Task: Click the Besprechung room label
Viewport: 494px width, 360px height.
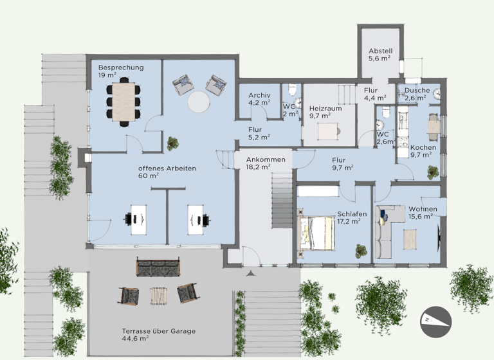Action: tap(121, 67)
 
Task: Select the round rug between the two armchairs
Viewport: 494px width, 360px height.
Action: tap(198, 102)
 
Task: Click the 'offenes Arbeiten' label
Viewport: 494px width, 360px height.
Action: tap(167, 168)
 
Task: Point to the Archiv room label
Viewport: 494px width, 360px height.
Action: tap(259, 95)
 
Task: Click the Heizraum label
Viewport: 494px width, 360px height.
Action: tap(325, 109)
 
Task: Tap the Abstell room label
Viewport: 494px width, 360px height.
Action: tap(380, 51)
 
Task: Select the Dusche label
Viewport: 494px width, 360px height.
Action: tap(417, 91)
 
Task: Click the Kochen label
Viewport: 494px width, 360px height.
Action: tap(423, 148)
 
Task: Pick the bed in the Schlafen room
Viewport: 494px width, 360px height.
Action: tap(316, 232)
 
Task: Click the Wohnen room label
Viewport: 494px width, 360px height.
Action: tap(423, 210)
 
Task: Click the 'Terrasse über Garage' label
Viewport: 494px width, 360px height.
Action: tap(159, 332)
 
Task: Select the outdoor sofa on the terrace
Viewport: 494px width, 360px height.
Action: tap(158, 268)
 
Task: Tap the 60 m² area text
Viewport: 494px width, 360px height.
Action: tap(148, 175)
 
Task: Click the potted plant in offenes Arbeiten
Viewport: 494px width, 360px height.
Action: tap(172, 143)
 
